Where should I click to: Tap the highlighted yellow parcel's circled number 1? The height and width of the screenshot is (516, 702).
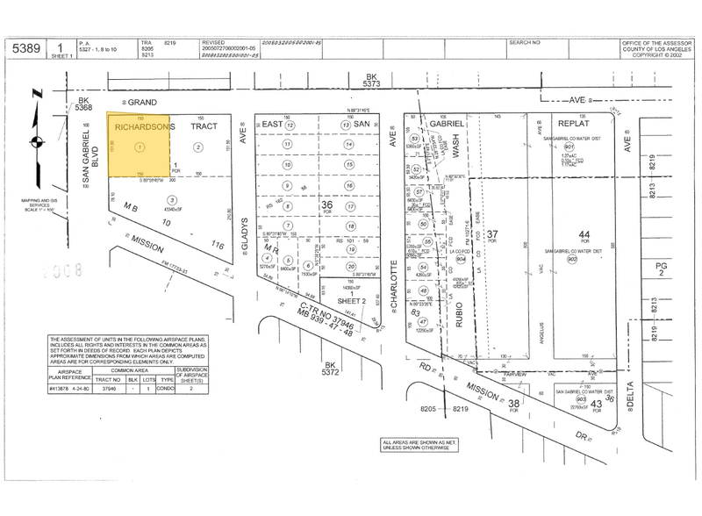(x=140, y=147)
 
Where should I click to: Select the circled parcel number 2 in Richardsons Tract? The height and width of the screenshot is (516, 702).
(x=198, y=147)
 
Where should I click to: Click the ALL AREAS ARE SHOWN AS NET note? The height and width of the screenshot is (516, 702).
(x=419, y=443)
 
